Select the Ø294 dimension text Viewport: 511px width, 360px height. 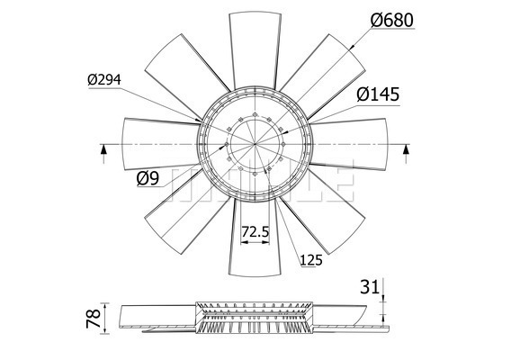pyautogui.click(x=105, y=80)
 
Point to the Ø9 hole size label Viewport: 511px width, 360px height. pyautogui.click(x=148, y=178)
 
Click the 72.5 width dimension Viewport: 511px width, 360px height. pyautogui.click(x=255, y=232)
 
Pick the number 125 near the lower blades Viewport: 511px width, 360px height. pyautogui.click(x=311, y=262)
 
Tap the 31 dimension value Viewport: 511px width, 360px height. pyautogui.click(x=369, y=287)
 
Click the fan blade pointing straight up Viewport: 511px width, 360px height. pyautogui.click(x=255, y=45)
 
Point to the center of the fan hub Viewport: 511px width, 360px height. pyautogui.click(x=255, y=144)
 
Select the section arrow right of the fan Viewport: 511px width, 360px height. pyautogui.click(x=407, y=150)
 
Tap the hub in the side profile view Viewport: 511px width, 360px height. pyautogui.click(x=255, y=319)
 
